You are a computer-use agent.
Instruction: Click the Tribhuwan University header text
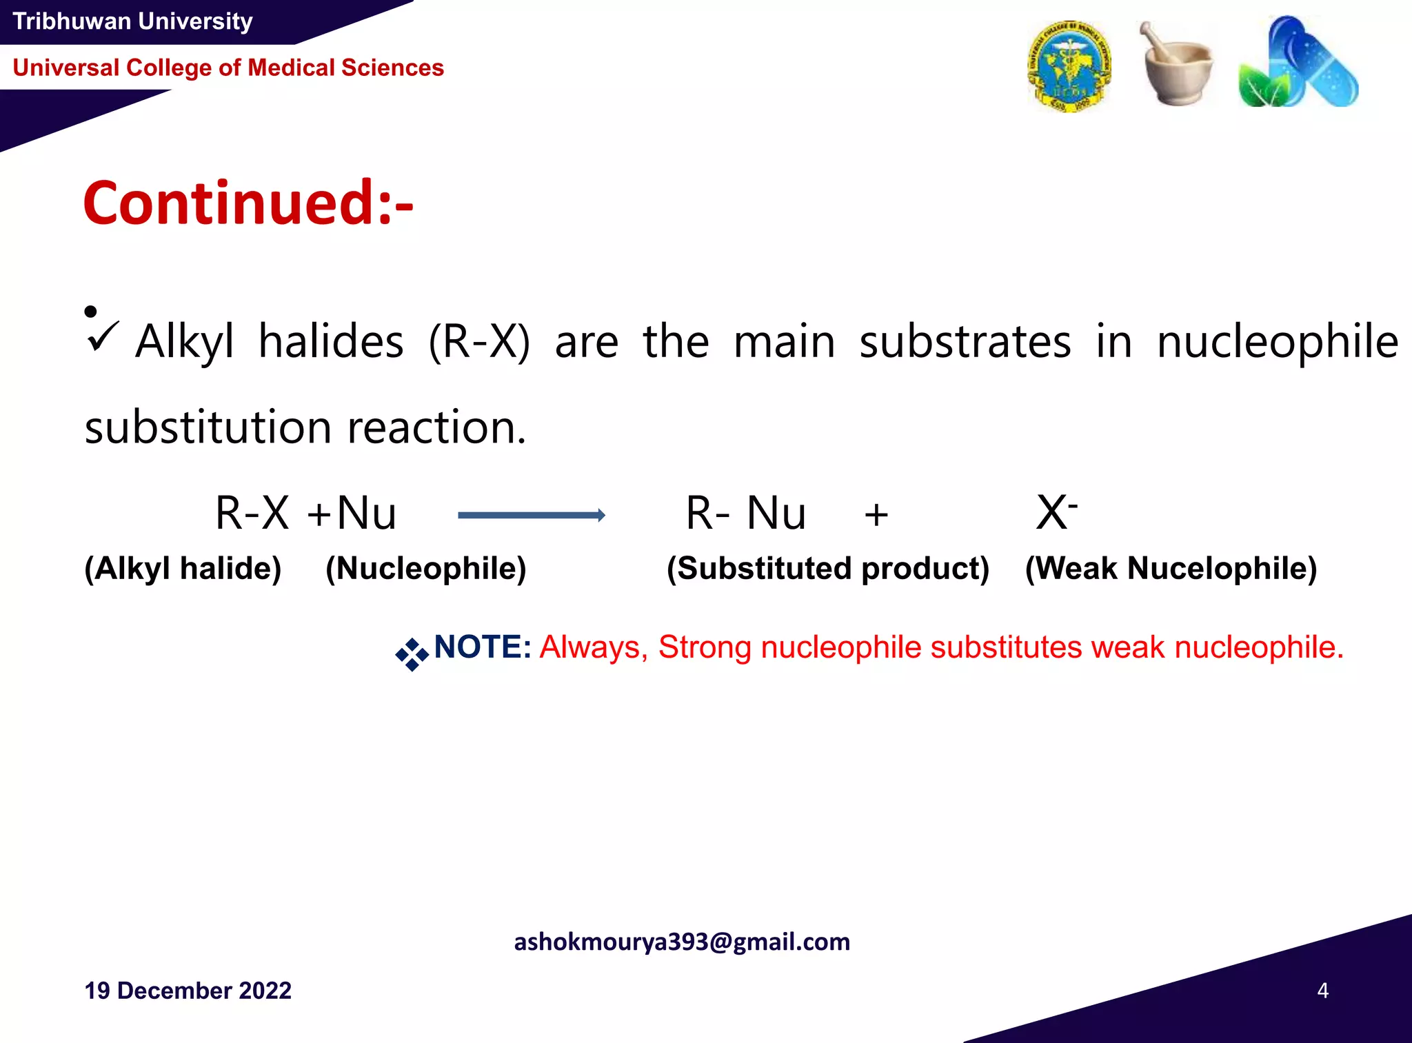pyautogui.click(x=132, y=21)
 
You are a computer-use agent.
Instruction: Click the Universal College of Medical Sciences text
pyautogui.click(x=228, y=68)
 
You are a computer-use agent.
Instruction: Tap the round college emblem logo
pyautogui.click(x=1069, y=66)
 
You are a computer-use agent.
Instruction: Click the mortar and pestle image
pyautogui.click(x=1177, y=65)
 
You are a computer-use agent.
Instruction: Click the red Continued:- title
pyautogui.click(x=248, y=203)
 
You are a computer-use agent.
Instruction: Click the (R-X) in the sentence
pyautogui.click(x=479, y=342)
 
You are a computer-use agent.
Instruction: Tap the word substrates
pyautogui.click(x=965, y=342)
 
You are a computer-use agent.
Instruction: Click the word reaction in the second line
pyautogui.click(x=436, y=427)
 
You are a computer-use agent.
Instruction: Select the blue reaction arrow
pyautogui.click(x=532, y=515)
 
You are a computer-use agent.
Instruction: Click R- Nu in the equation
pyautogui.click(x=745, y=514)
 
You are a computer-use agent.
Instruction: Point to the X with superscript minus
pyautogui.click(x=1056, y=512)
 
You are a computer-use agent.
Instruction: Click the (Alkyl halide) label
pyautogui.click(x=183, y=569)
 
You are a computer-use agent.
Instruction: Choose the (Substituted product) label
pyautogui.click(x=828, y=569)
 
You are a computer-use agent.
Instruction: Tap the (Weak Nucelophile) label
pyautogui.click(x=1171, y=569)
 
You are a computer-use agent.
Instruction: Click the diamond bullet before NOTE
pyautogui.click(x=412, y=654)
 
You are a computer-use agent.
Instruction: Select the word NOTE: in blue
pyautogui.click(x=482, y=647)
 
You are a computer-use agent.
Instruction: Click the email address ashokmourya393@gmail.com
pyautogui.click(x=682, y=942)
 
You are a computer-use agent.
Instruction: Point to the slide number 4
pyautogui.click(x=1322, y=991)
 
